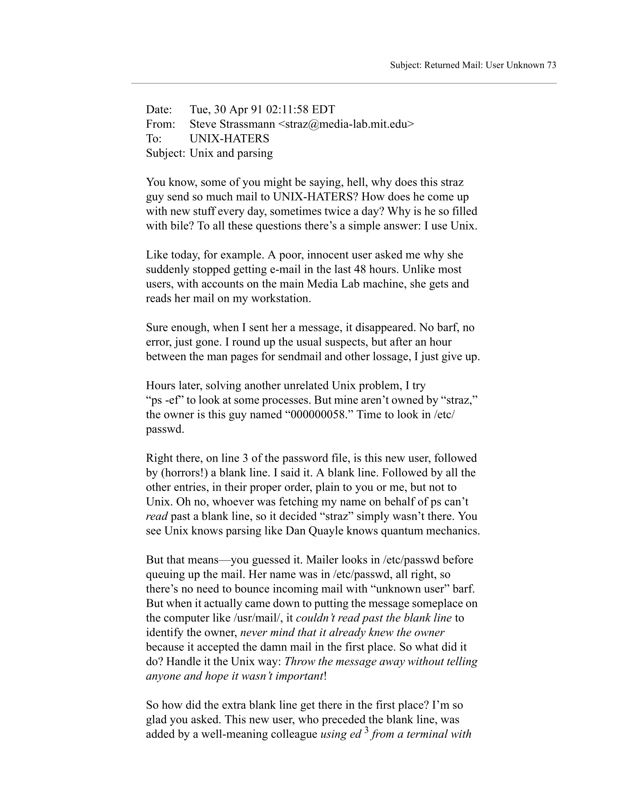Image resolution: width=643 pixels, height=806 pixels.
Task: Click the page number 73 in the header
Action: point(551,65)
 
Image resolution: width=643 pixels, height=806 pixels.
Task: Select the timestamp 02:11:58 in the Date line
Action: point(287,109)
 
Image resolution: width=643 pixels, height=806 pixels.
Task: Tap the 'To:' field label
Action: point(153,138)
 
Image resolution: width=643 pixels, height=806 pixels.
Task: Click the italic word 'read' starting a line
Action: point(156,516)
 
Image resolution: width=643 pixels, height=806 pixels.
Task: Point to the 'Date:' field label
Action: point(158,109)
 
